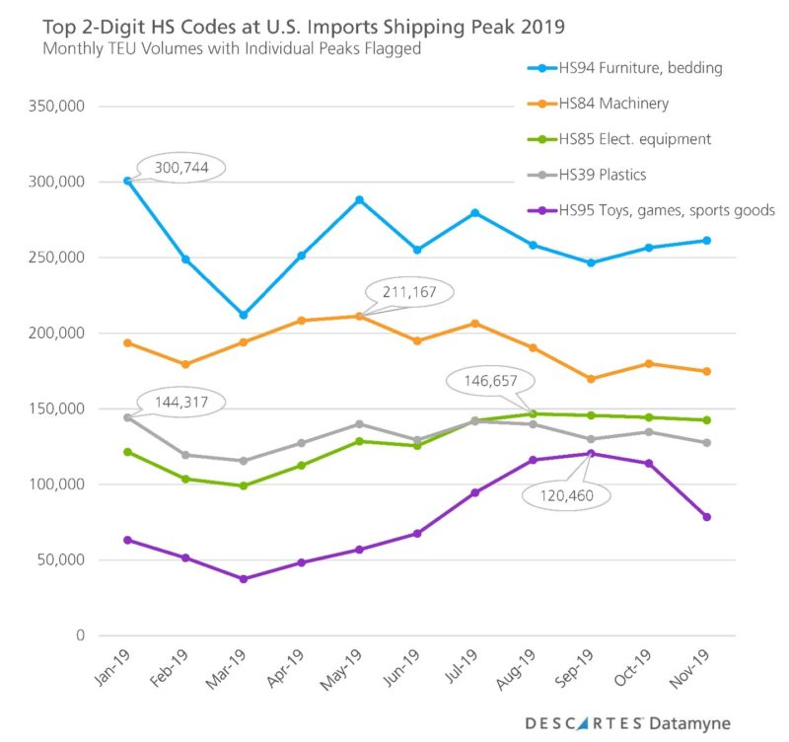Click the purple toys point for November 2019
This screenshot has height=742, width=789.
(707, 517)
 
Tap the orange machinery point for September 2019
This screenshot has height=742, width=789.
(590, 379)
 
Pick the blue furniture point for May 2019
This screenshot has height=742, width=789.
(359, 199)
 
